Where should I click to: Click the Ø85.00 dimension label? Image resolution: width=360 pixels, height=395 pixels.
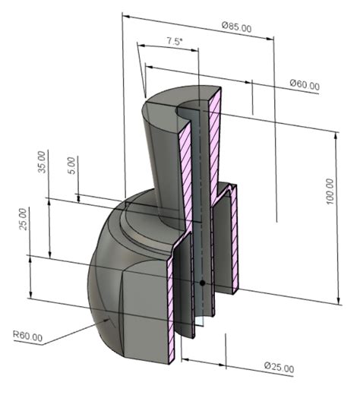[237, 27]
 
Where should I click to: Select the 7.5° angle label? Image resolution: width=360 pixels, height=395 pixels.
[174, 43]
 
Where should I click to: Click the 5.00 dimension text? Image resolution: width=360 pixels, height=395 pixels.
[72, 166]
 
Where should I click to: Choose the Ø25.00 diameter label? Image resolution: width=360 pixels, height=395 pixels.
[279, 368]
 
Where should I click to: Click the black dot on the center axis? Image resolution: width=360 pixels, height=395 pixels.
[203, 283]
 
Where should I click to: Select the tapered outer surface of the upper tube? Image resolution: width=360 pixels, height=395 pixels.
[159, 152]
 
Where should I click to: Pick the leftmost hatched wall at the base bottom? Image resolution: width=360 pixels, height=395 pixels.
[172, 304]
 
